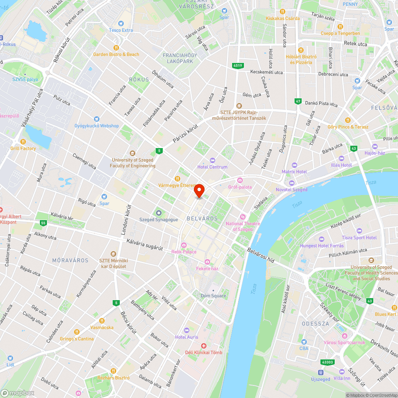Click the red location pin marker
pyautogui.click(x=199, y=191)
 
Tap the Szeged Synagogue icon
pyautogui.click(x=158, y=213)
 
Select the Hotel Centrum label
pyautogui.click(x=213, y=167)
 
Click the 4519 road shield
pyautogui.click(x=238, y=66)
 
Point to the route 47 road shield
pyautogui.click(x=298, y=101)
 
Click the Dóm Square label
pyautogui.click(x=213, y=296)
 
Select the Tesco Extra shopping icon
pyautogui.click(x=121, y=23)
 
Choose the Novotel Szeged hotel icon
pyautogui.click(x=291, y=183)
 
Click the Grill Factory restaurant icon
pyautogui.click(x=23, y=142)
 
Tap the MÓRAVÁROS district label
pyautogui.click(x=70, y=260)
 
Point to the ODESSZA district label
pyautogui.click(x=315, y=324)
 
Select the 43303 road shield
pyautogui.click(x=327, y=362)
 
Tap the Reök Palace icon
pyautogui.click(x=183, y=245)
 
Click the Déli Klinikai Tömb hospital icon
pyautogui.click(x=203, y=346)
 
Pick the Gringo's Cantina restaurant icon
pyautogui.click(x=77, y=332)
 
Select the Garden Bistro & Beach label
pyautogui.click(x=116, y=55)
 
